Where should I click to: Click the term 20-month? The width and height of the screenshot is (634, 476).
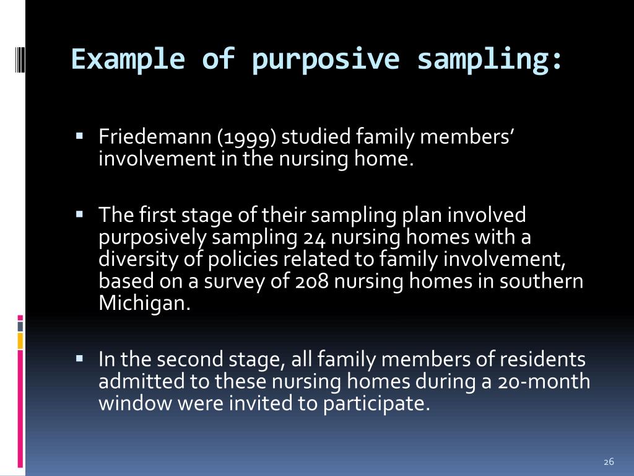click(x=544, y=382)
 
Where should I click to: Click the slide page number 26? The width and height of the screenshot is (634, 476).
click(x=608, y=462)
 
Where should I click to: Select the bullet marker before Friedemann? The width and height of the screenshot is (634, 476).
click(x=80, y=134)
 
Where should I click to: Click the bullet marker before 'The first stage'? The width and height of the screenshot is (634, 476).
click(x=80, y=214)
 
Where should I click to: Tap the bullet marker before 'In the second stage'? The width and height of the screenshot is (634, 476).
click(x=80, y=358)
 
